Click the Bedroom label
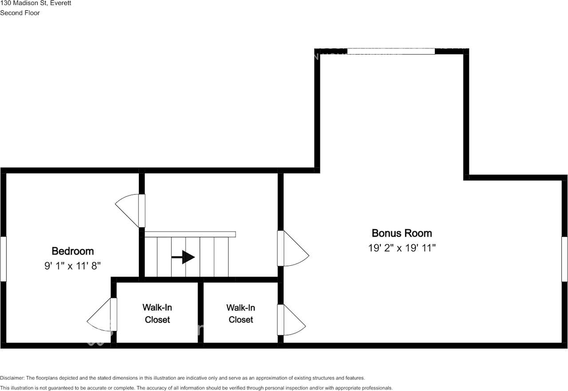click(x=73, y=251)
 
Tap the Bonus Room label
click(x=402, y=233)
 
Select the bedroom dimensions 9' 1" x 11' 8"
click(x=73, y=266)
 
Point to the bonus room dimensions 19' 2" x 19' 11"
click(x=402, y=248)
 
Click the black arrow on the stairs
click(x=183, y=257)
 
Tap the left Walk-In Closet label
click(x=157, y=313)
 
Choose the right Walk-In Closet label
click(x=241, y=313)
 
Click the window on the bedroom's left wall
click(x=3, y=259)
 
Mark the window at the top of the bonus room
click(x=390, y=51)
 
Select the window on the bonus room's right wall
click(x=564, y=259)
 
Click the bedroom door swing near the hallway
click(x=129, y=211)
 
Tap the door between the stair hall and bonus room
click(x=293, y=249)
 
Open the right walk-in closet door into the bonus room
click(x=291, y=320)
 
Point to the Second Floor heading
click(x=20, y=13)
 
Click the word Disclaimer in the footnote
click(x=12, y=378)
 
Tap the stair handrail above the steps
click(x=190, y=234)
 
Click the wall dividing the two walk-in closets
click(x=201, y=312)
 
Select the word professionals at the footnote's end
click(x=377, y=388)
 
